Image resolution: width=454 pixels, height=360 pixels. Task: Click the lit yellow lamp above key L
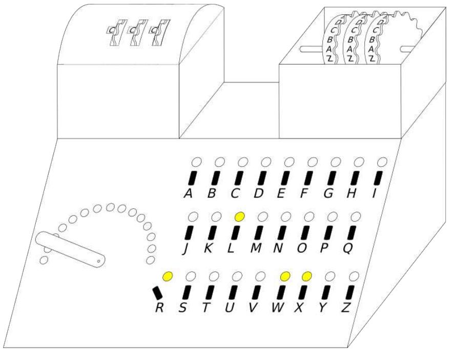pyautogui.click(x=240, y=216)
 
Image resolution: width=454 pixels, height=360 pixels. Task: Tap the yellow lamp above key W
pyautogui.click(x=285, y=276)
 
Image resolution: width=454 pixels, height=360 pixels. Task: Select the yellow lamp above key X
pyautogui.click(x=306, y=276)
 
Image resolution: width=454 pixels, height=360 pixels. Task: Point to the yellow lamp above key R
pyautogui.click(x=168, y=276)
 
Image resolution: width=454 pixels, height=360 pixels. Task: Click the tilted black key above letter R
pyautogui.click(x=157, y=293)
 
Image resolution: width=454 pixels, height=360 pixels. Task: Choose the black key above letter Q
pyautogui.click(x=351, y=233)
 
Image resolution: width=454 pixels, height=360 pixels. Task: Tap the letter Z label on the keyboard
pyautogui.click(x=345, y=308)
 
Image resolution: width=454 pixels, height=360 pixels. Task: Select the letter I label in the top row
pyautogui.click(x=375, y=193)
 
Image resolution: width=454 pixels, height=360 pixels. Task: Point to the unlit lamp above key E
pyautogui.click(x=289, y=162)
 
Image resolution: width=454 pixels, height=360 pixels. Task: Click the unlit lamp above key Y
pyautogui.click(x=330, y=276)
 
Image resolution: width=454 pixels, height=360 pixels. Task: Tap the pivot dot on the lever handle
pyautogui.click(x=98, y=261)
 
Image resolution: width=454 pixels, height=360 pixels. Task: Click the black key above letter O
pyautogui.click(x=305, y=233)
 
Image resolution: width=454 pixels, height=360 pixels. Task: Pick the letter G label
pyautogui.click(x=328, y=193)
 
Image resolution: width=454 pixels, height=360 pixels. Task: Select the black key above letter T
pyautogui.click(x=210, y=292)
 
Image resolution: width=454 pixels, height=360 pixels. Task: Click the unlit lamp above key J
pyautogui.click(x=193, y=216)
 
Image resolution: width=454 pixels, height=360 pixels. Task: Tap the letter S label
pyautogui.click(x=182, y=308)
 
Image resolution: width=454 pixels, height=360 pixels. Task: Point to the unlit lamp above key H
pyautogui.click(x=359, y=162)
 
